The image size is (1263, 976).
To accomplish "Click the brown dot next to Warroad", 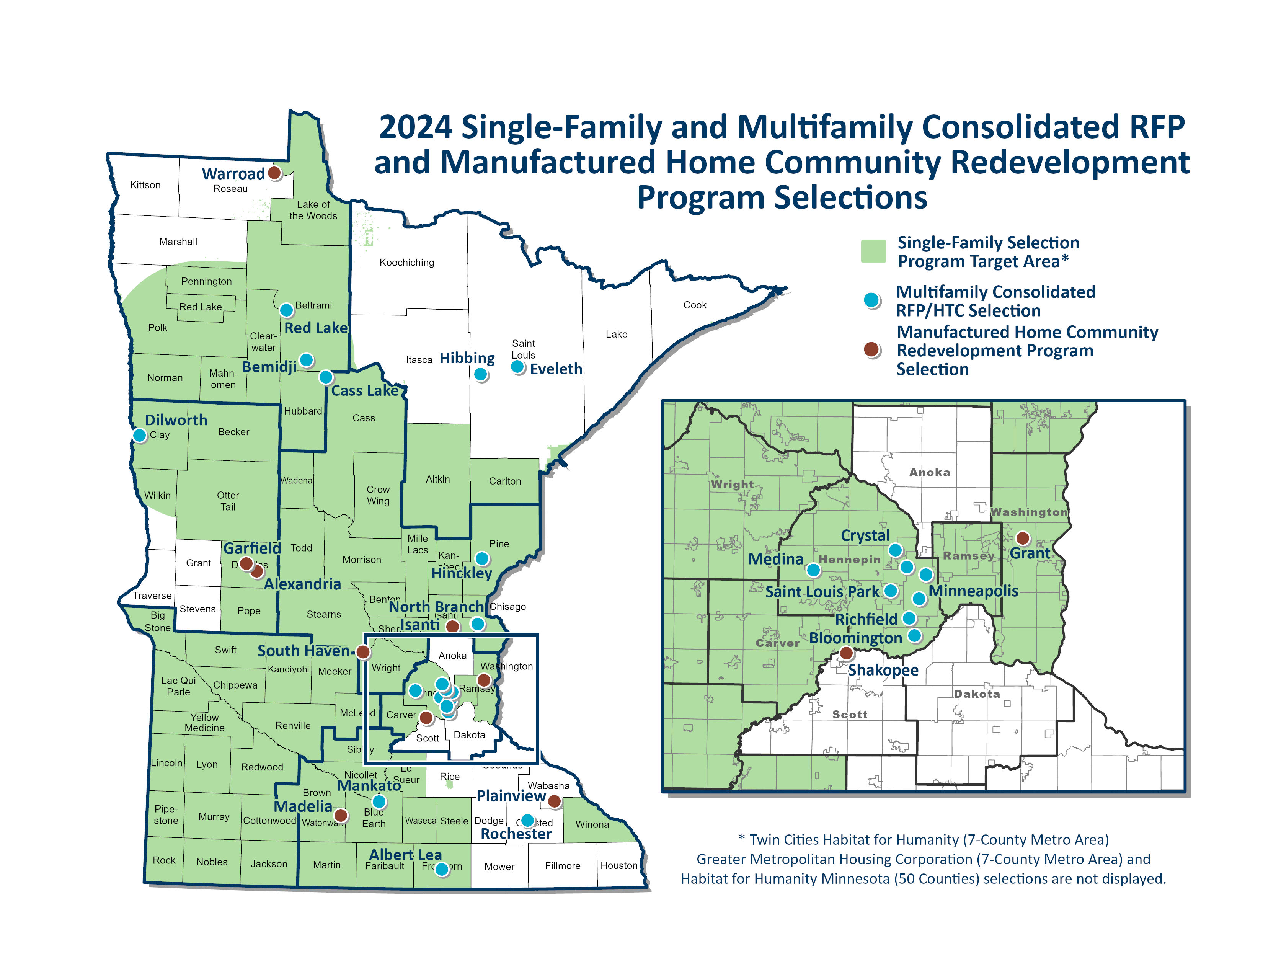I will tap(275, 172).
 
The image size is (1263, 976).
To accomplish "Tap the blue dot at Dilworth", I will tap(139, 435).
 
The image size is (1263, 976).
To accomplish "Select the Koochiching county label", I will tap(406, 263).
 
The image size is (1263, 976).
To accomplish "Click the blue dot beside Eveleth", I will tap(517, 367).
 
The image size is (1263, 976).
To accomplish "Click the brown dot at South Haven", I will tap(362, 652).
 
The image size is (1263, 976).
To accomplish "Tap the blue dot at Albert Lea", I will tap(442, 869).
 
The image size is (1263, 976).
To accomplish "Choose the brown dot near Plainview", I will tap(554, 801).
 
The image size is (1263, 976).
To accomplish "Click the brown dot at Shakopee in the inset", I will tap(846, 653).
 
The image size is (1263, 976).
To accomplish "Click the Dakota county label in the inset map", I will tap(977, 694).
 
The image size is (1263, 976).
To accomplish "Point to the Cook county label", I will tap(695, 305).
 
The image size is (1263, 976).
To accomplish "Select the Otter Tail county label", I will tap(228, 501).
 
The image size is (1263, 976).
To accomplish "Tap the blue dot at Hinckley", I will tap(482, 558).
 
